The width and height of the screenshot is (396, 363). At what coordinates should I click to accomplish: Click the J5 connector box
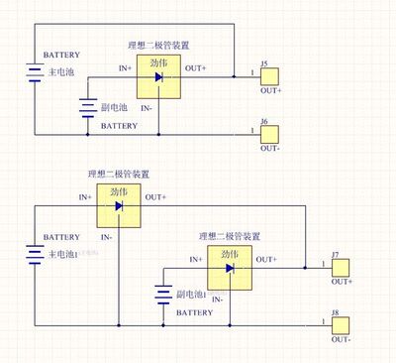[x=270, y=75]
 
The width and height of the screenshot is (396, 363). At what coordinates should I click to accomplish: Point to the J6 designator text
[x=264, y=121]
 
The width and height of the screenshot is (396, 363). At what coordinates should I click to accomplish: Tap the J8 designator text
[x=336, y=313]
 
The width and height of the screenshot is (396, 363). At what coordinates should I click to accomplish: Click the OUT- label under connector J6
[x=270, y=148]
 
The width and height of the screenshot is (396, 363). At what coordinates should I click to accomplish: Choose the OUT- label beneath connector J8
[x=342, y=340]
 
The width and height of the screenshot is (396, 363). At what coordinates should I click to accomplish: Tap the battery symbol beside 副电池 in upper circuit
[x=87, y=109]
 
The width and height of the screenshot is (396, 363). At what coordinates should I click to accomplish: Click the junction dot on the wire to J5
[x=234, y=75]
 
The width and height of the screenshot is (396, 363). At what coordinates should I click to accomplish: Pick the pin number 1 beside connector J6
[x=252, y=129]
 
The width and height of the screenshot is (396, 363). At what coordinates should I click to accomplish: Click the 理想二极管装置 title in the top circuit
[x=158, y=46]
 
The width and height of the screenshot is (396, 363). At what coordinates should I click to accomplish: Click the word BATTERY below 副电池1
[x=194, y=311]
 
